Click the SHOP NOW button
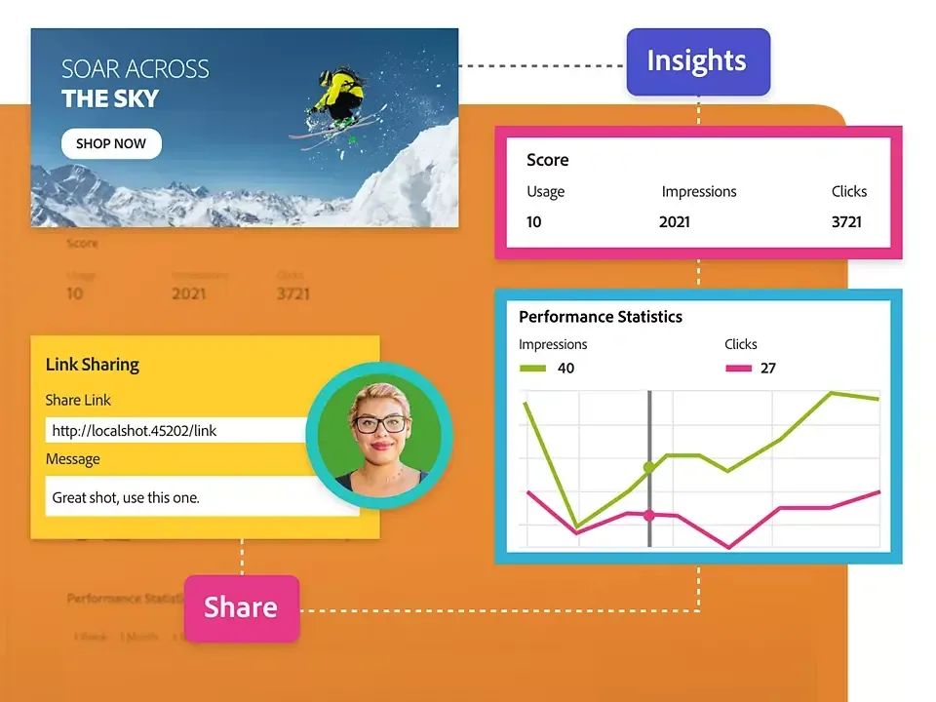pos(111,143)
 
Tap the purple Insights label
pos(697,61)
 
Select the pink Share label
pos(241,607)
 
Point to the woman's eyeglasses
pos(380,424)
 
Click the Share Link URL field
pos(175,430)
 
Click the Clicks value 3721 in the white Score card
pos(846,222)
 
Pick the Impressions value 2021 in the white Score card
pos(675,222)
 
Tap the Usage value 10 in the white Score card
pos(534,222)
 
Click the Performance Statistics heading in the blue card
pos(601,317)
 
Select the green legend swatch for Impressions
pos(532,369)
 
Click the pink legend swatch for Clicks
pos(739,369)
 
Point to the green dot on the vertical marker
pos(648,468)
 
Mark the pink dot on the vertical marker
pos(648,515)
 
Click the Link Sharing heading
pos(93,365)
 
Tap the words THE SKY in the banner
pos(110,98)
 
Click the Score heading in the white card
pos(548,160)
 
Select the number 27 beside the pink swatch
pos(768,369)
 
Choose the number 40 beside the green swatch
pos(565,369)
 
